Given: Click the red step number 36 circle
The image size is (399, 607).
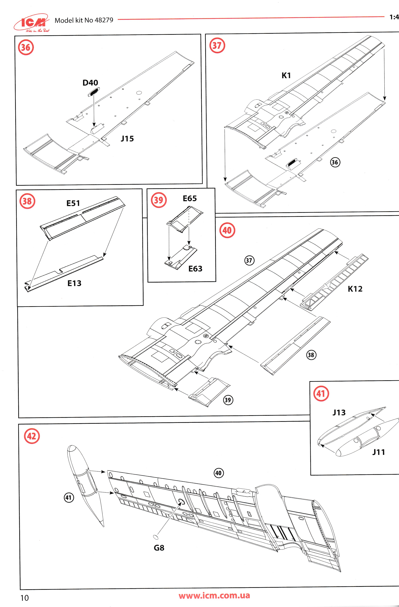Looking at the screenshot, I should click(x=26, y=47).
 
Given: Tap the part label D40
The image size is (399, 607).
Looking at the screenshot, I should click(x=90, y=83).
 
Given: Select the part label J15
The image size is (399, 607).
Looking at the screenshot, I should click(x=127, y=138).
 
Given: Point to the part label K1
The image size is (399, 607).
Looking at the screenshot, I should click(x=286, y=75).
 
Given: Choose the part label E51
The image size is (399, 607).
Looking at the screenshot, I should click(x=73, y=203).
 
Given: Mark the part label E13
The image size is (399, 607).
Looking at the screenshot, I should click(x=74, y=283).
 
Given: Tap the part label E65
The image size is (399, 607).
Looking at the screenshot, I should click(x=190, y=198).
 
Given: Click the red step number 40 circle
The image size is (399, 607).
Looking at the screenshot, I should click(x=227, y=230).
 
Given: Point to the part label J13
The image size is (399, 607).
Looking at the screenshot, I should click(x=339, y=412).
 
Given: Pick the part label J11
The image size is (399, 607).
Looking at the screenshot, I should click(x=378, y=452).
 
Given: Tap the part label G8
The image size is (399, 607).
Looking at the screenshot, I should click(x=159, y=548).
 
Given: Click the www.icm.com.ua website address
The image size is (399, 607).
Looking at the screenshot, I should click(x=214, y=596).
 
